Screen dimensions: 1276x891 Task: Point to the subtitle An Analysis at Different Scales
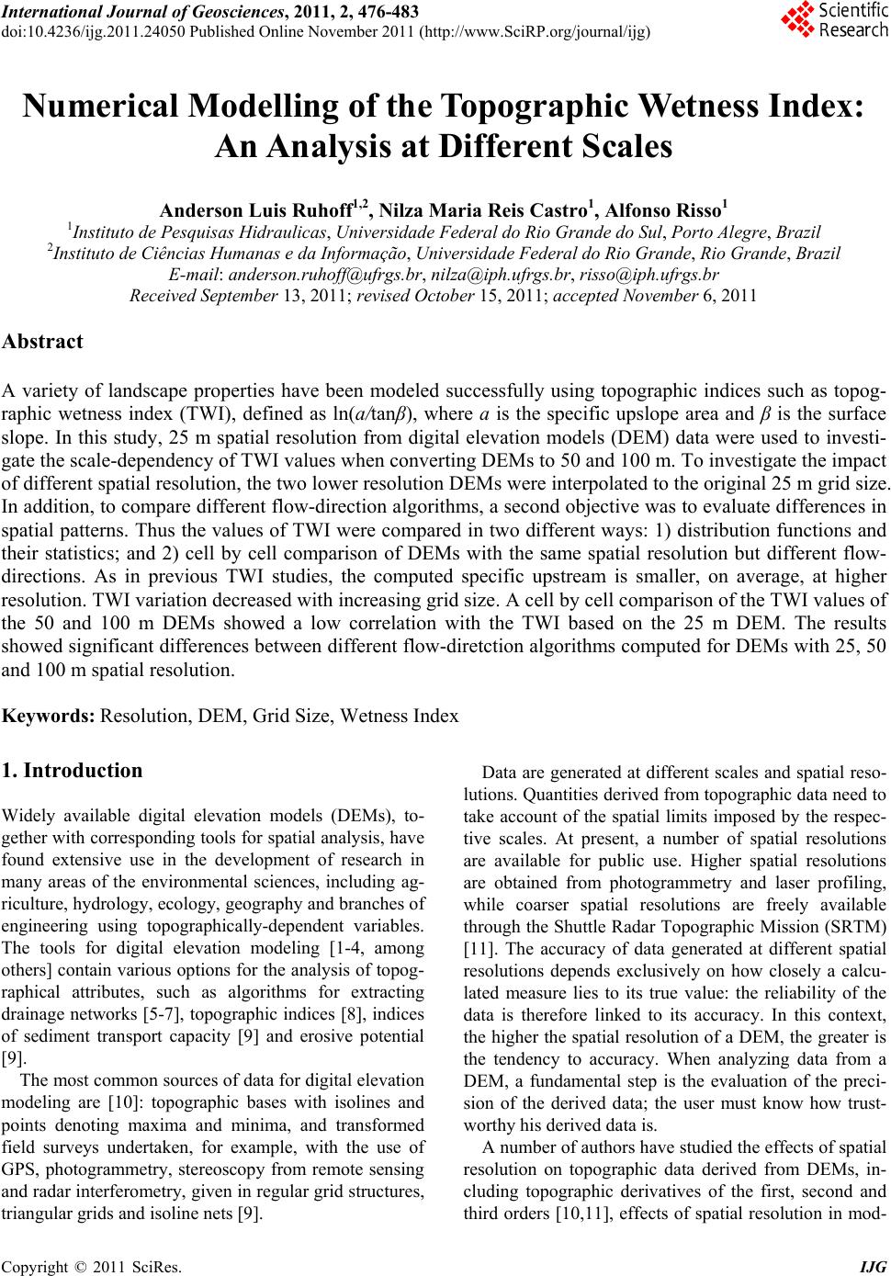[x=444, y=147]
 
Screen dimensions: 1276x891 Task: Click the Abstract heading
[x=43, y=342]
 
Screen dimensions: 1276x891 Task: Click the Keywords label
[x=49, y=715]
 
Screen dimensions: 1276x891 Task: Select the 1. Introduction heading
[x=73, y=770]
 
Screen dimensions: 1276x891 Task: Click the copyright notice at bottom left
[x=92, y=1268]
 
